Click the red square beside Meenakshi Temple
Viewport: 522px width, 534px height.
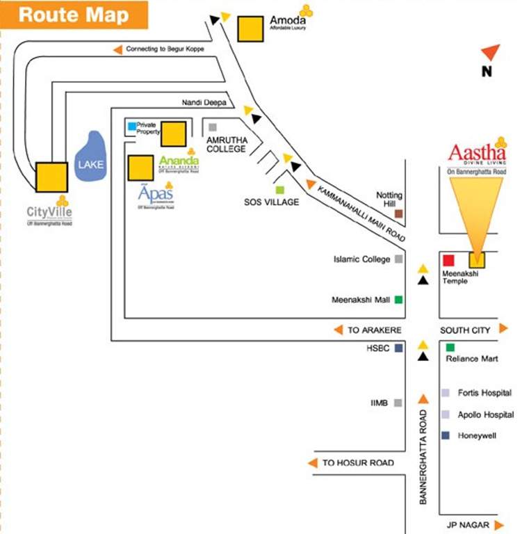click(x=448, y=260)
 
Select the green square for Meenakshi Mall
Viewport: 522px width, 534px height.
click(x=399, y=300)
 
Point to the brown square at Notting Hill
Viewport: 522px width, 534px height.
click(x=399, y=214)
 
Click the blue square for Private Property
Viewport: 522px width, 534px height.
click(x=131, y=126)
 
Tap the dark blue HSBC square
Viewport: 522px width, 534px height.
click(x=399, y=348)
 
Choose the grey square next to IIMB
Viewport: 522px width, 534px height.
click(x=398, y=403)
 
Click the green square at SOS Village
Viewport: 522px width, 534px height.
click(x=280, y=190)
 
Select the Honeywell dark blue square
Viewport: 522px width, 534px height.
click(x=445, y=435)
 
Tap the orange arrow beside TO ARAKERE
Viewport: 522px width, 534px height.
click(x=338, y=330)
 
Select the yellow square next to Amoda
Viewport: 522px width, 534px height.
click(x=250, y=30)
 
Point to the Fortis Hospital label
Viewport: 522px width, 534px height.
click(x=484, y=393)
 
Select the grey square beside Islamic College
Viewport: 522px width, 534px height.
click(x=399, y=259)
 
